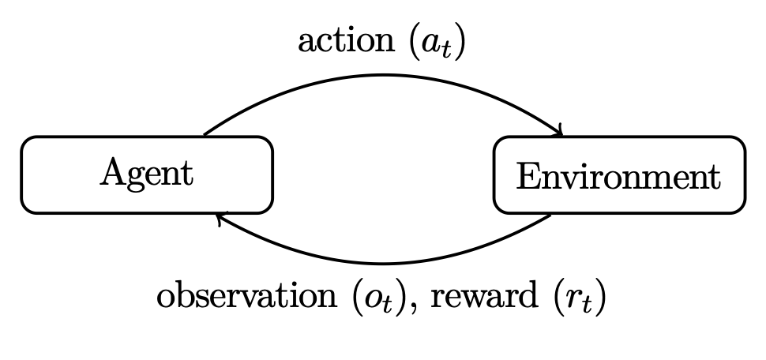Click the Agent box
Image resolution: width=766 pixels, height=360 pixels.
147,174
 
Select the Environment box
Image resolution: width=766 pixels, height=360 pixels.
618,174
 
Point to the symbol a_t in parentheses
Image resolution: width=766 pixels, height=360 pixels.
435,43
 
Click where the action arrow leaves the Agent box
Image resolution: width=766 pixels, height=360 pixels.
204,136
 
